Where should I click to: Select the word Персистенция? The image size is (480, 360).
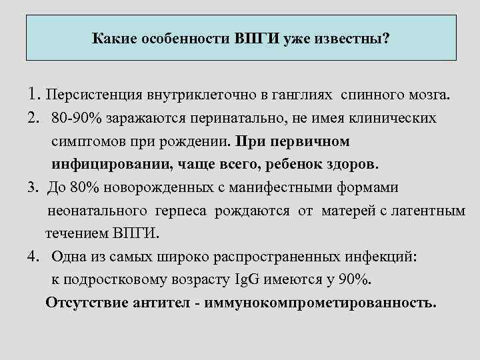click(90, 94)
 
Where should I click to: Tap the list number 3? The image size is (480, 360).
click(33, 188)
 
